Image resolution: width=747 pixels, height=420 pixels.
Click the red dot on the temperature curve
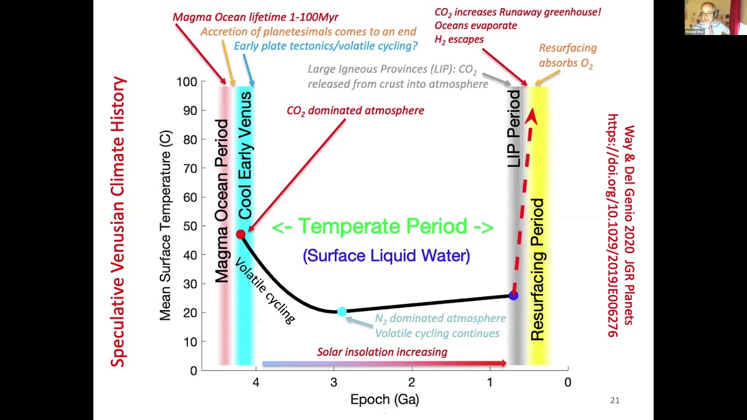[x=240, y=235]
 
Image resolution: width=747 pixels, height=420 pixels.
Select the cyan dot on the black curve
[x=342, y=312]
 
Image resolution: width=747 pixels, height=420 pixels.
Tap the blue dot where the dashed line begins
[x=513, y=296]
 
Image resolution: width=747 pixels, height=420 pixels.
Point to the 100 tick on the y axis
[x=187, y=82]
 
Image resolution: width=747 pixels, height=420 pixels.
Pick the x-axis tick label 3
[x=334, y=383]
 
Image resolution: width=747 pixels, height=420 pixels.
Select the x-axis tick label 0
[x=567, y=383]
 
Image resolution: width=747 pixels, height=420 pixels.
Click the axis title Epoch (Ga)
[x=385, y=400]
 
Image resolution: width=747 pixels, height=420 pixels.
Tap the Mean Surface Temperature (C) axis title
[x=166, y=226]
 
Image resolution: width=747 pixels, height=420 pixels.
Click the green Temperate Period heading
[x=383, y=226]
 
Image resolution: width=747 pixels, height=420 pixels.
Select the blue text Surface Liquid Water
[x=386, y=256]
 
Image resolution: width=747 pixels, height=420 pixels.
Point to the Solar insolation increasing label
[x=382, y=352]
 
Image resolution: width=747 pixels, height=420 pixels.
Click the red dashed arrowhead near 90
[x=531, y=116]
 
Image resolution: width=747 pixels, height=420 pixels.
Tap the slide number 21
[x=615, y=400]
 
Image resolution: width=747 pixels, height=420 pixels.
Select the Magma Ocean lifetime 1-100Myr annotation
[x=255, y=17]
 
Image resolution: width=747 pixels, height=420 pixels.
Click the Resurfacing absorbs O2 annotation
[x=567, y=55]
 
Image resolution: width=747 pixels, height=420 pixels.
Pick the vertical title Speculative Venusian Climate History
[x=118, y=222]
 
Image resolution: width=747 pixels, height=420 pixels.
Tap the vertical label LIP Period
[x=514, y=129]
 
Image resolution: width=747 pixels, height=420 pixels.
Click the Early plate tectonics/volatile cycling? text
[x=326, y=46]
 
